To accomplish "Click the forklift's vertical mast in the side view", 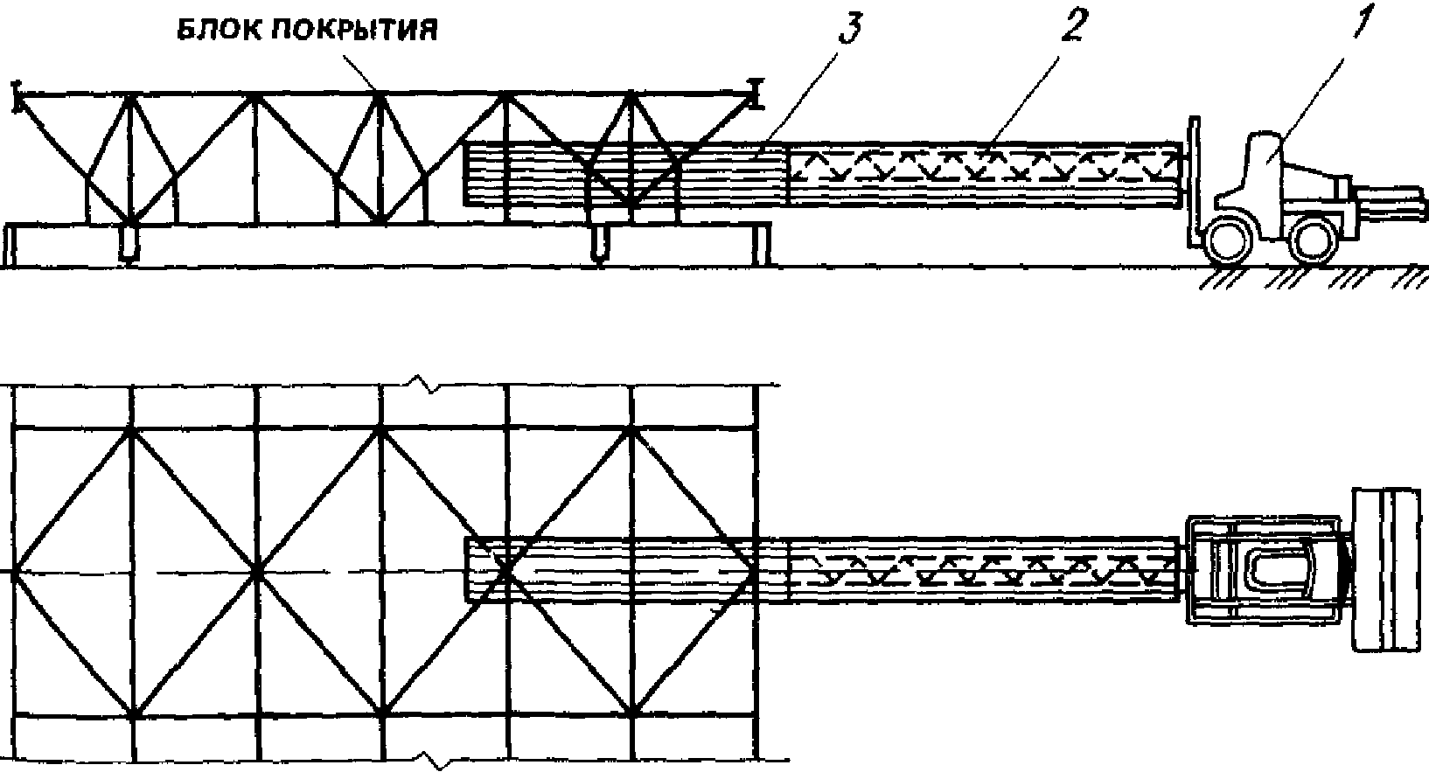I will point(1189,188).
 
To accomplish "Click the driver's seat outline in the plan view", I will point(1279,573).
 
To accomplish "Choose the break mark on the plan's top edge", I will point(426,384).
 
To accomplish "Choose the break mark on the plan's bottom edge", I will point(426,760).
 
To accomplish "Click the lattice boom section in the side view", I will point(984,168).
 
